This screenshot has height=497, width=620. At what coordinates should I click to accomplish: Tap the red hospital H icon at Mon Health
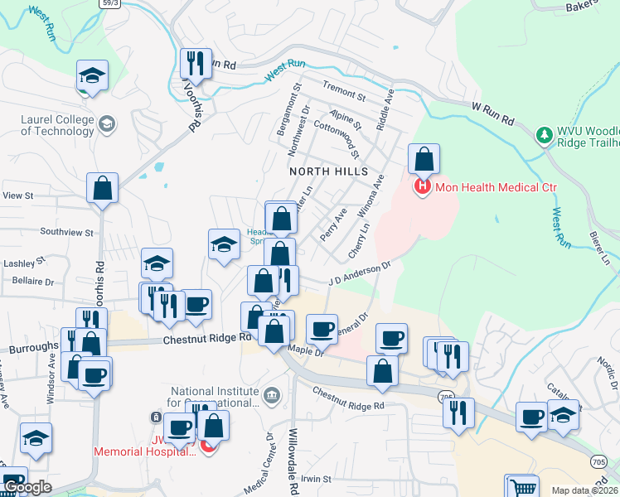(x=423, y=187)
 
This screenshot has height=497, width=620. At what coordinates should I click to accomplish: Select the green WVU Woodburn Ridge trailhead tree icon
(x=544, y=134)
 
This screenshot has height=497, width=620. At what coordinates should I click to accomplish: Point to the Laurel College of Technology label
(x=57, y=125)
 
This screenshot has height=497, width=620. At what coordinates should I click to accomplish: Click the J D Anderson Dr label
(x=359, y=274)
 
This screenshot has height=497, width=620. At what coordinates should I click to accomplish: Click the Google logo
(x=27, y=487)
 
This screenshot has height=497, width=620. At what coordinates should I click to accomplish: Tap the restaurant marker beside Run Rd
(x=196, y=62)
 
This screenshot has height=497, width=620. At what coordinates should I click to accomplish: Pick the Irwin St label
(x=315, y=479)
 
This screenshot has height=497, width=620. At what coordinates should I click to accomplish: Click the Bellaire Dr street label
(x=33, y=282)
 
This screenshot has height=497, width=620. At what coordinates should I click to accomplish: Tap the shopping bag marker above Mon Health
(x=424, y=158)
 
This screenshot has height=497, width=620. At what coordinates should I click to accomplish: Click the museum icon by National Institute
(x=271, y=398)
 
